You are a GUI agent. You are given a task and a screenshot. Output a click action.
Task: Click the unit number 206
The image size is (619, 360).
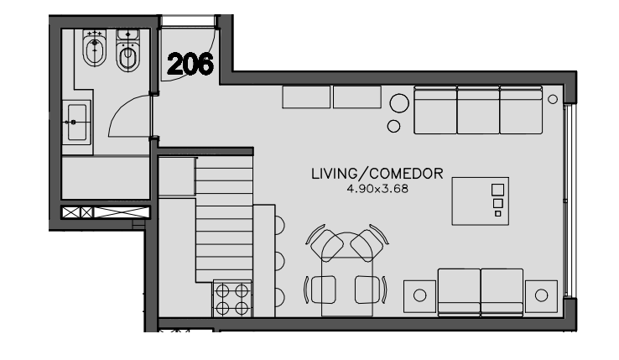coord(190,64)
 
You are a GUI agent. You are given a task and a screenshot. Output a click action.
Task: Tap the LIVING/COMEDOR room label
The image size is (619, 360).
coord(377,174)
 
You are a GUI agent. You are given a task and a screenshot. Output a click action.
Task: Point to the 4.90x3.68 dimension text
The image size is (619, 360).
coord(377,189)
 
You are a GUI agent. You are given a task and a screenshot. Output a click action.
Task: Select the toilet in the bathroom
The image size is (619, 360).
coord(128,50)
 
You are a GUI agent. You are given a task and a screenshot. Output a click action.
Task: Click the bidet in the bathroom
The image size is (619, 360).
coord(95,48)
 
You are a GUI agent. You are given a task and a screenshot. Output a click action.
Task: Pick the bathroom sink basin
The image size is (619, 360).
coord(77,123)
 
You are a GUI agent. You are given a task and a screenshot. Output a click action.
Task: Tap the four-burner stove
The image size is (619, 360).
coord(232,299)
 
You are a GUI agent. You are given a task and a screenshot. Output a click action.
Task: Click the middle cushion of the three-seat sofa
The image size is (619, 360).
coord(478,110)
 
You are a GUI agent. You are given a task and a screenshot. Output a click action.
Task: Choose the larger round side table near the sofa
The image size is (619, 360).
coord(399,103)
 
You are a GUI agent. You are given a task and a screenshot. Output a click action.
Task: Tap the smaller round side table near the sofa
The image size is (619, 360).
coord(393,126)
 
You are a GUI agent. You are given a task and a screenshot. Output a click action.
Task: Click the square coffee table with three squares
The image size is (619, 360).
coord(480,201)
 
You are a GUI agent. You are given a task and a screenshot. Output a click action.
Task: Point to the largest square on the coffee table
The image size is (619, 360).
coord(498,190)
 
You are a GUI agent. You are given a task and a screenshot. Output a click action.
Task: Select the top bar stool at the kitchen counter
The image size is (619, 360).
coord(279,225)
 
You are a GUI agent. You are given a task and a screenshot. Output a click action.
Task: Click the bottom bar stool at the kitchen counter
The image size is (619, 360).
coord(279,297)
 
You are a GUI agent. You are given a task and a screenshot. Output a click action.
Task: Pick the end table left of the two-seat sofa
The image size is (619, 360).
coord(419,296)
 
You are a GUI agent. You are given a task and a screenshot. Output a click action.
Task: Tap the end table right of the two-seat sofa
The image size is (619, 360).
coord(541,296)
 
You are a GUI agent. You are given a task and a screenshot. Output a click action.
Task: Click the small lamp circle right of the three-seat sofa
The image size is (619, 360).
coord(553,99)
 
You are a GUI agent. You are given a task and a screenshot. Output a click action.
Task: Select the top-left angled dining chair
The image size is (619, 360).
coord(326,243)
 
